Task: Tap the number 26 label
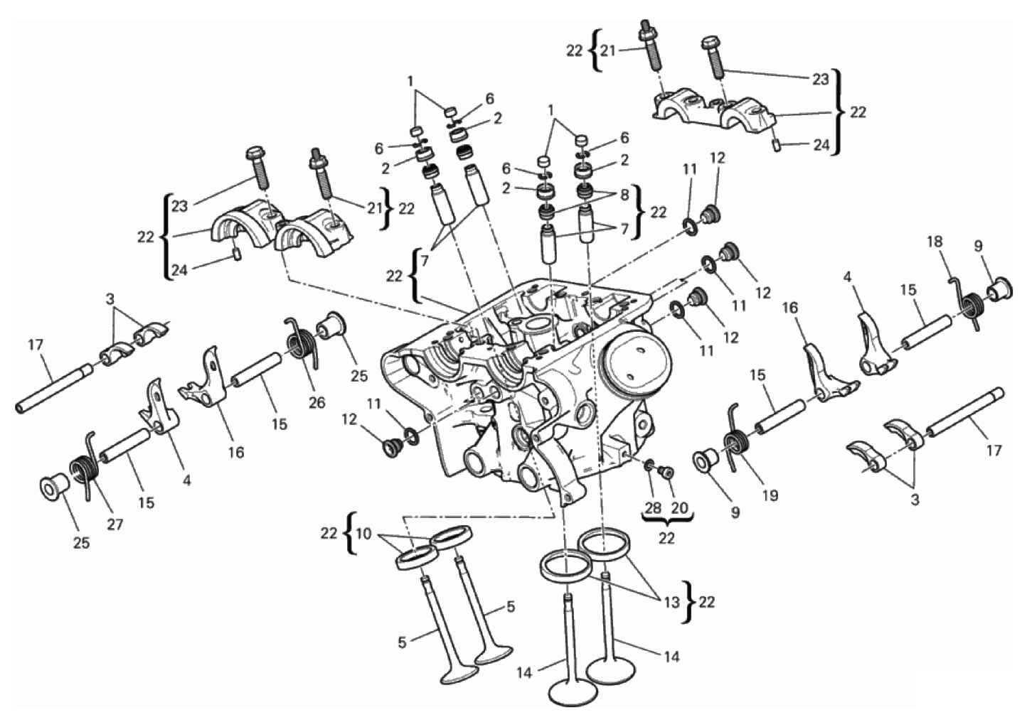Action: tap(316, 403)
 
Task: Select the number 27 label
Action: tap(115, 524)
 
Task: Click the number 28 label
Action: tap(653, 509)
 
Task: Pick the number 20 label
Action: tap(680, 509)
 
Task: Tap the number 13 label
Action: tap(671, 603)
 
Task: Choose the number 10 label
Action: tap(363, 534)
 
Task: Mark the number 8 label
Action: tap(624, 194)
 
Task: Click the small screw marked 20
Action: tap(666, 472)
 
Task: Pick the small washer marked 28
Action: tap(649, 466)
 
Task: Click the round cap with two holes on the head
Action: tap(632, 357)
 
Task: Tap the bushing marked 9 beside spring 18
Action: tap(1000, 289)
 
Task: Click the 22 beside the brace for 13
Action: tap(706, 603)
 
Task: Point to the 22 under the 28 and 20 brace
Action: tap(666, 539)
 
